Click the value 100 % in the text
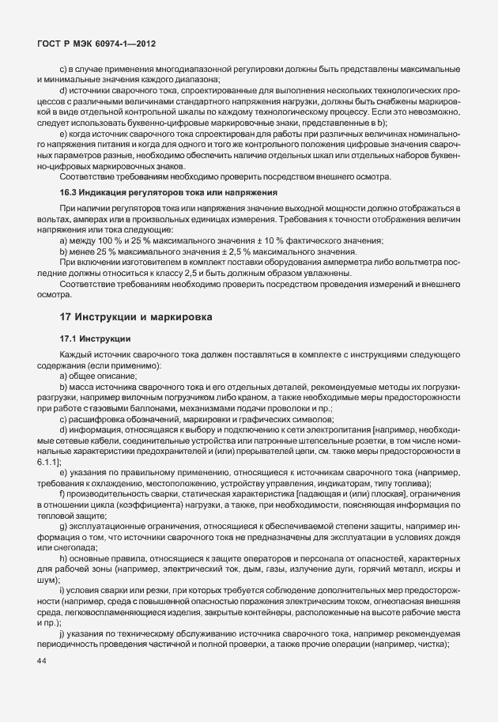pos(115,240)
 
